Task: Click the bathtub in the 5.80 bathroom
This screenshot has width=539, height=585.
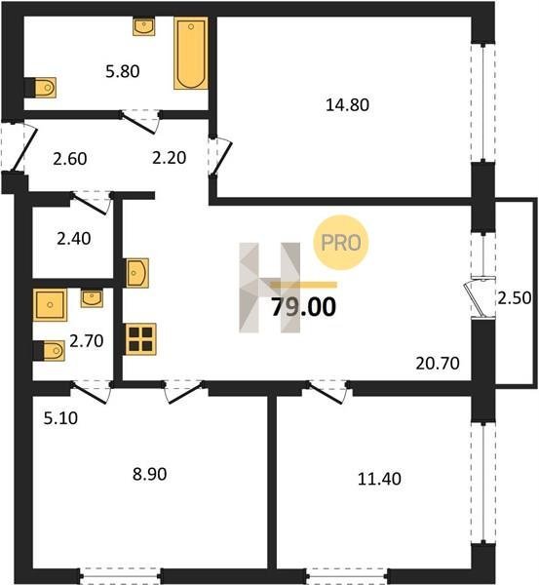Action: click(191, 54)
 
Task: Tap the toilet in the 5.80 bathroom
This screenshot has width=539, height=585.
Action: click(45, 88)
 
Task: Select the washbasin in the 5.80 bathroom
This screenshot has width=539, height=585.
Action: click(143, 27)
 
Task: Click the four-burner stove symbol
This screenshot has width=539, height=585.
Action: click(140, 339)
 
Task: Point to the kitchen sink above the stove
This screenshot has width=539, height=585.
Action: click(137, 273)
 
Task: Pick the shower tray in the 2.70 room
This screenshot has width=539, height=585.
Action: click(50, 305)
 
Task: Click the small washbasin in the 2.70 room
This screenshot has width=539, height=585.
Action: click(92, 299)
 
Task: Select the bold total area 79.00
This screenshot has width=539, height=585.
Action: click(303, 307)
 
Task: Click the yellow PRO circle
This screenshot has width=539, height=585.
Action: click(341, 243)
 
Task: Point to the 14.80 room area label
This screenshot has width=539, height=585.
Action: click(347, 105)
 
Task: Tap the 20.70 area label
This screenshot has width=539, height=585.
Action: click(438, 363)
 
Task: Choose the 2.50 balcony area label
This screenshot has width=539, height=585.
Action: click(515, 297)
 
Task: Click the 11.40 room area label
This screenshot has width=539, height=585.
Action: click(379, 479)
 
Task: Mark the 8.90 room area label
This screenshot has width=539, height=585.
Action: click(149, 474)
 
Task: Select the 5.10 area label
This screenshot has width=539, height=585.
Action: click(60, 418)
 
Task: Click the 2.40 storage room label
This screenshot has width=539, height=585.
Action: click(74, 239)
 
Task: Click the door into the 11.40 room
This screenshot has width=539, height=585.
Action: click(327, 393)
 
